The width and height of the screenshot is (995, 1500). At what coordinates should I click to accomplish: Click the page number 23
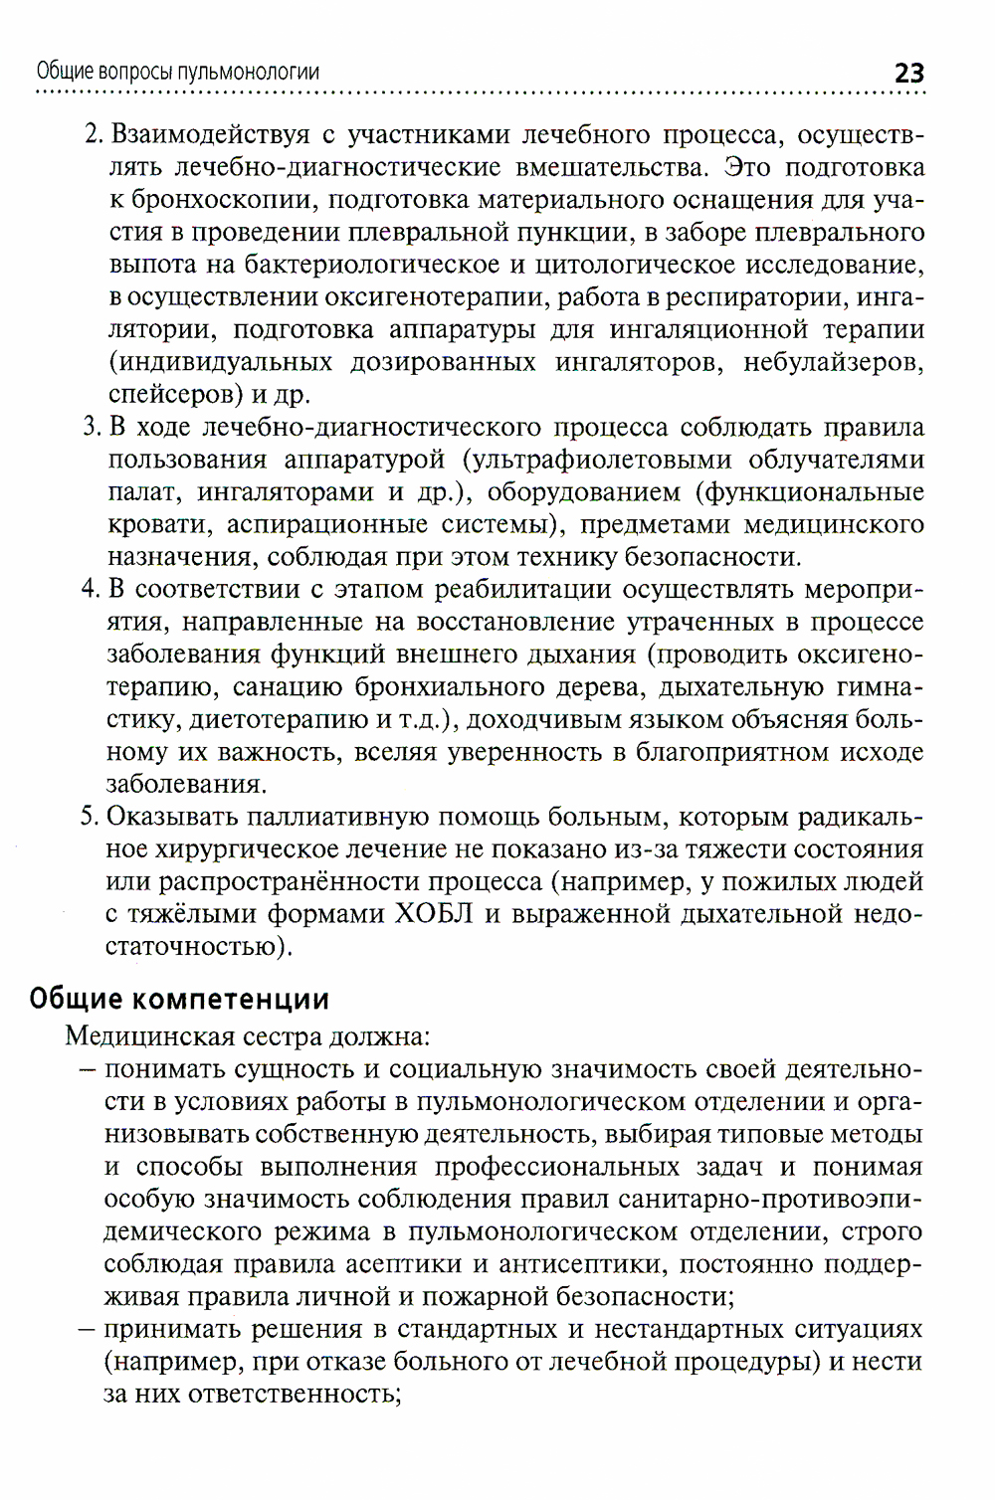tap(909, 74)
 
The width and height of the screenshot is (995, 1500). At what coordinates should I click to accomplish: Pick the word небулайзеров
tap(833, 362)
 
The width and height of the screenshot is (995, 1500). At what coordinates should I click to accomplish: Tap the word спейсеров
tap(171, 395)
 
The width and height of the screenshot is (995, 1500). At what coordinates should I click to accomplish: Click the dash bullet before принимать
tap(87, 1330)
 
